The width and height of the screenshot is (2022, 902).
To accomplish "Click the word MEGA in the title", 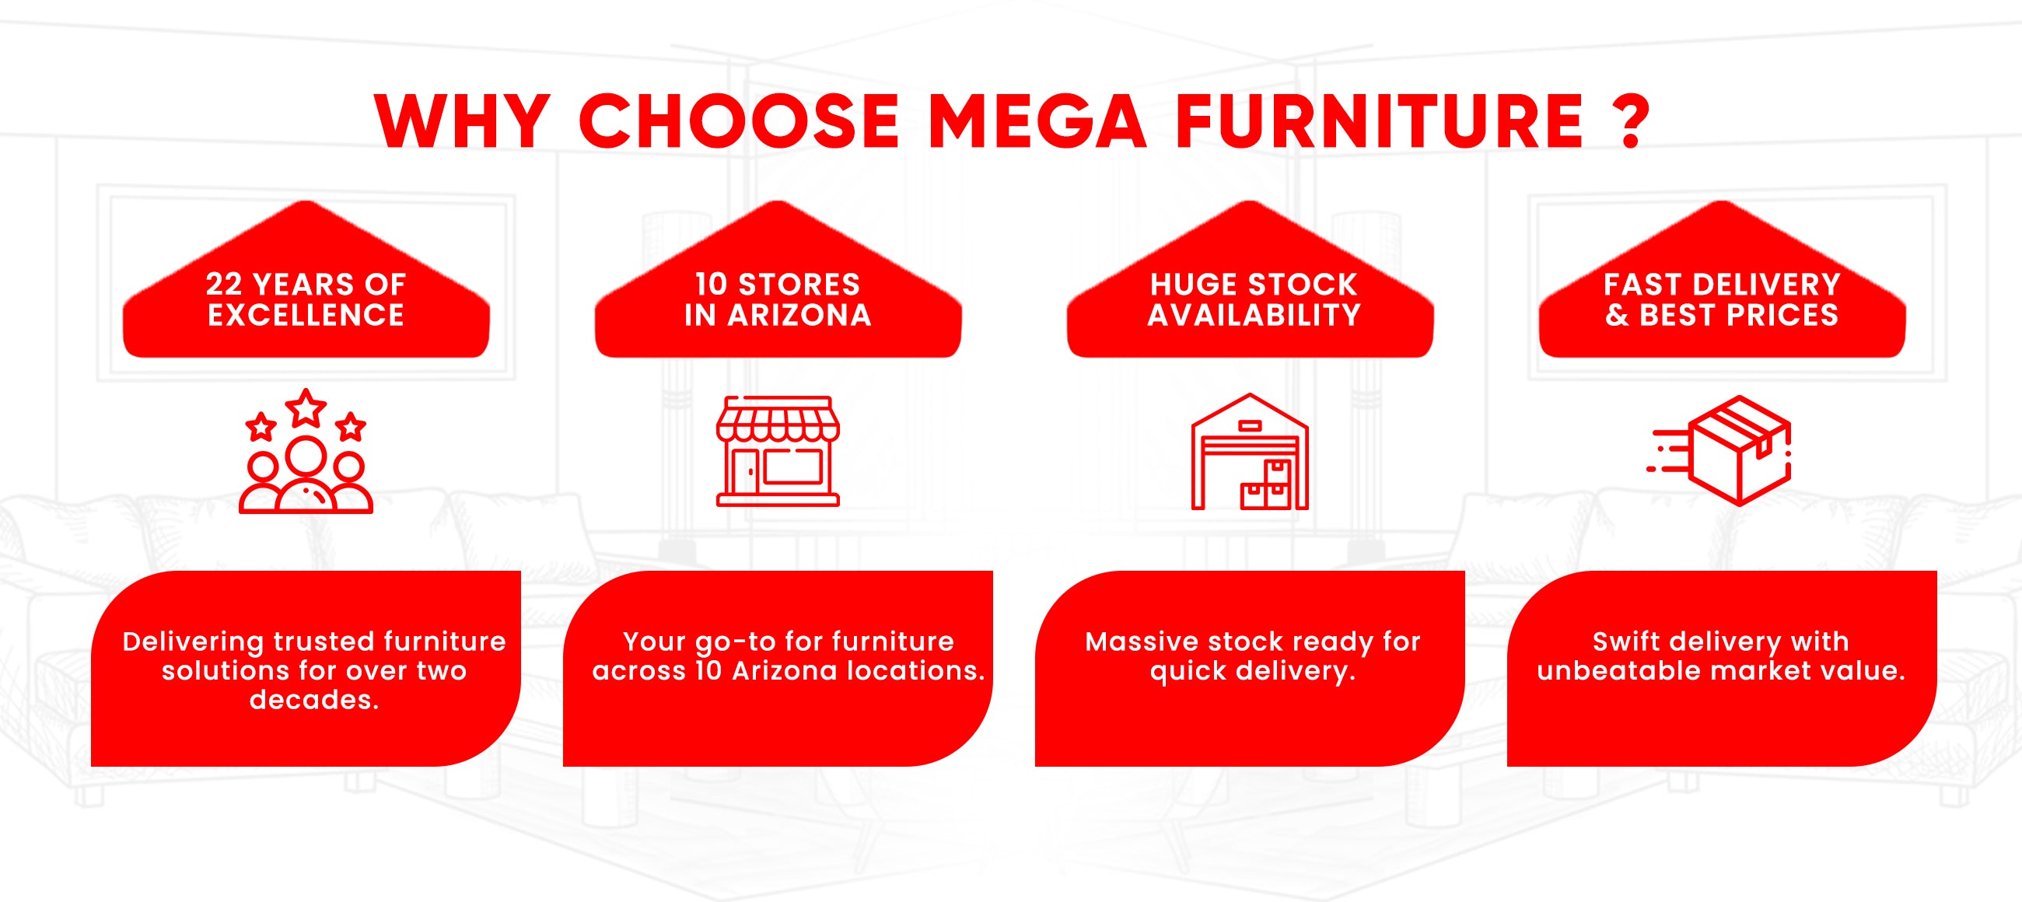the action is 1037,121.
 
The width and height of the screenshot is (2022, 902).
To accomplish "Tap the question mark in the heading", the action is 1632,121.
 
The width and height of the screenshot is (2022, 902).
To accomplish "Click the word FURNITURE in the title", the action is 1379,121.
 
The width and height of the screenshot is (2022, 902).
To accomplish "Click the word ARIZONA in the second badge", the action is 799,315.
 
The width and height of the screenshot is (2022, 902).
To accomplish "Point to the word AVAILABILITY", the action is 1254,315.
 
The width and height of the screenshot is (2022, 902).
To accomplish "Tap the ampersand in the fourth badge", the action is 1617,315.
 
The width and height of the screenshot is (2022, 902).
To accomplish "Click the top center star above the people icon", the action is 306,407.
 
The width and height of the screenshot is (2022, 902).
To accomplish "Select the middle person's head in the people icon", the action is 306,456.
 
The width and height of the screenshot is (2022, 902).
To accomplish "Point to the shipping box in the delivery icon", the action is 1740,450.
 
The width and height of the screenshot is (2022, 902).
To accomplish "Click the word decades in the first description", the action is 314,700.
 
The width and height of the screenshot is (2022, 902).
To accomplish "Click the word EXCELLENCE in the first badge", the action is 306,315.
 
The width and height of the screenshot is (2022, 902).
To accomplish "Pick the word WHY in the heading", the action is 461,121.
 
